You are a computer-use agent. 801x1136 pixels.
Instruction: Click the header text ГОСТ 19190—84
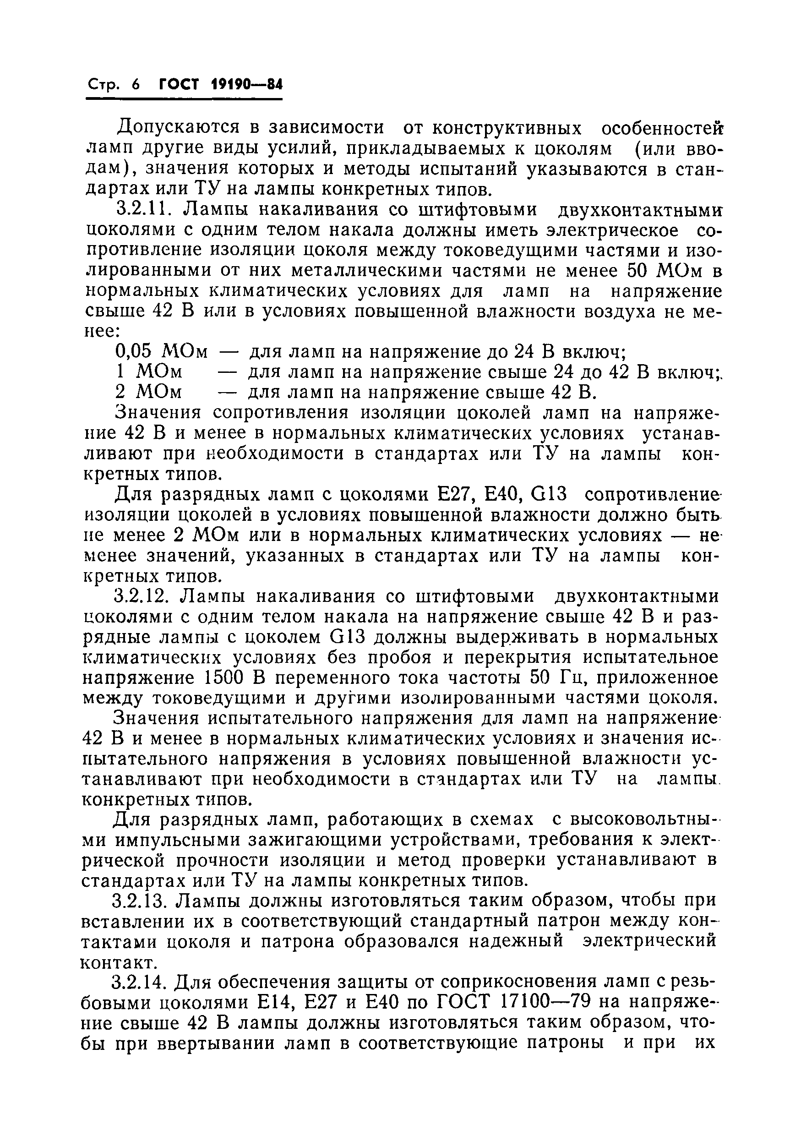[221, 85]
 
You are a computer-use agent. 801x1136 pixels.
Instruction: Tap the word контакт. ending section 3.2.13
[119, 962]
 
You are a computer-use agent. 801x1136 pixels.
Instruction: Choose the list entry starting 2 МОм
[148, 393]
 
